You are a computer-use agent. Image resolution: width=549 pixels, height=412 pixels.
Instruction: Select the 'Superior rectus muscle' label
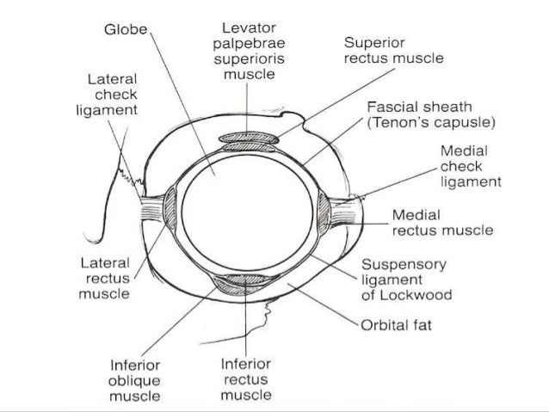point(393,51)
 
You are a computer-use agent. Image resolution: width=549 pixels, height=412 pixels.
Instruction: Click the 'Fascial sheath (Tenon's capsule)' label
point(431,114)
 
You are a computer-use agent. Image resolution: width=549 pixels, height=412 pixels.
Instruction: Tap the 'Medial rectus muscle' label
point(442,222)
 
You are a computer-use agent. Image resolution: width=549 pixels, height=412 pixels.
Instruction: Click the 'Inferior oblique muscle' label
point(135,379)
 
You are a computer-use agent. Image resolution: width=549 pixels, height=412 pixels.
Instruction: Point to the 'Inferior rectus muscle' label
point(247,379)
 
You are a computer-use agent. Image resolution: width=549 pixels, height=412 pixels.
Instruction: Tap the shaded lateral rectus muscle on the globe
point(168,211)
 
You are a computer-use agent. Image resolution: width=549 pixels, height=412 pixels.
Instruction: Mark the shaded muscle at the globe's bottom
point(245,280)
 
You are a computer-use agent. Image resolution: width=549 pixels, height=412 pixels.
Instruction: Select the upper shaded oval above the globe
point(248,138)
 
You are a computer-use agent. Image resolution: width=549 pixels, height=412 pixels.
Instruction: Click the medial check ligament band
point(349,210)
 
